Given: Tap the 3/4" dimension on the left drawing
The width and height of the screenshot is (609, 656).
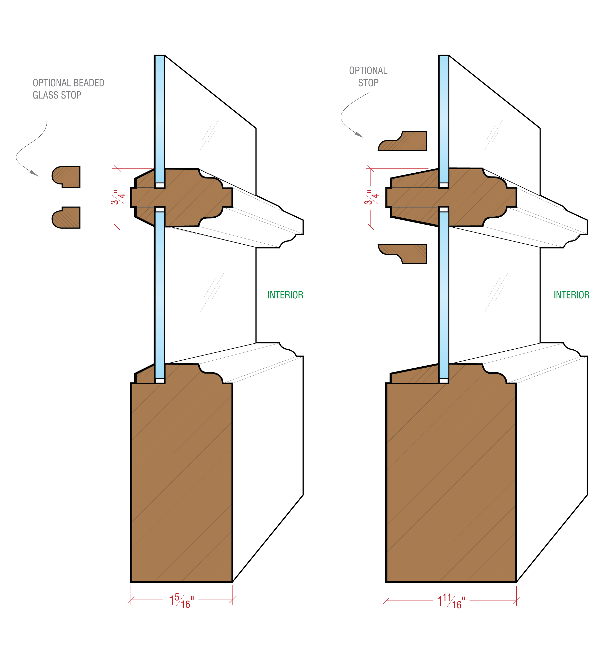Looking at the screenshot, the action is click(x=118, y=197).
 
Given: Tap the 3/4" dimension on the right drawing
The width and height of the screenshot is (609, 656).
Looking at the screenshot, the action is click(x=372, y=197).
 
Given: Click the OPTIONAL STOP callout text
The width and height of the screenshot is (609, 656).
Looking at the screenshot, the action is click(x=368, y=77).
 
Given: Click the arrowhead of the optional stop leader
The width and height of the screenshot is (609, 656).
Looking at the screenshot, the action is click(x=359, y=135).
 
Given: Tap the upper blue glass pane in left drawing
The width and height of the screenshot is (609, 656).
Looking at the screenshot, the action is click(x=160, y=119).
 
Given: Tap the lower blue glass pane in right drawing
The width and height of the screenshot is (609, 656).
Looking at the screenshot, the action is click(x=444, y=295).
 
